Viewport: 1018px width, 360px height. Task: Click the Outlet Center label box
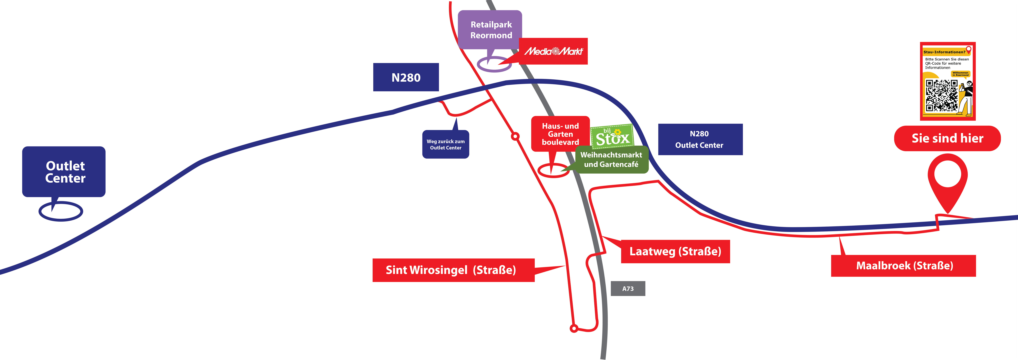64,171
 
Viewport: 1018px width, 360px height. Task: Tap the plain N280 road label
406,77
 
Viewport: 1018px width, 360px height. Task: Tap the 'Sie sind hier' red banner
947,138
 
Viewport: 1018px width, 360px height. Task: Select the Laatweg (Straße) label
675,251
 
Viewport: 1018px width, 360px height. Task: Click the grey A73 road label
628,288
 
